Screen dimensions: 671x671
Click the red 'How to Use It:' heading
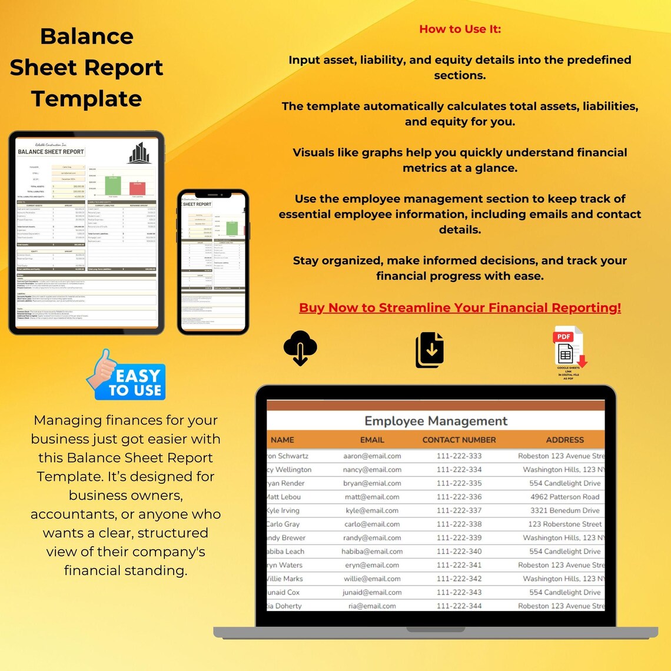[460, 29]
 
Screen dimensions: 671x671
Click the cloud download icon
[300, 348]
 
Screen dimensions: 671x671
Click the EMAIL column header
[372, 440]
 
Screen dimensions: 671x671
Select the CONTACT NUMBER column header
[459, 440]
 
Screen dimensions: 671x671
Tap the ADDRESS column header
[564, 440]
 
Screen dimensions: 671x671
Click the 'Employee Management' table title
[436, 421]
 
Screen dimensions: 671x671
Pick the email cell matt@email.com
[372, 497]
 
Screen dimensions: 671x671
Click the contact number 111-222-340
[459, 552]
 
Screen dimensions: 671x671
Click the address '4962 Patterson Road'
[564, 497]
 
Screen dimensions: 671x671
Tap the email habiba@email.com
[372, 552]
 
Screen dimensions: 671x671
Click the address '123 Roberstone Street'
[565, 524]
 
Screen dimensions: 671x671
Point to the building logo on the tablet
[139, 153]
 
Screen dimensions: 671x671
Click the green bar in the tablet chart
[112, 185]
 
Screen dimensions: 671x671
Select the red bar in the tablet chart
[138, 188]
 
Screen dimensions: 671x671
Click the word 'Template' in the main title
[87, 98]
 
